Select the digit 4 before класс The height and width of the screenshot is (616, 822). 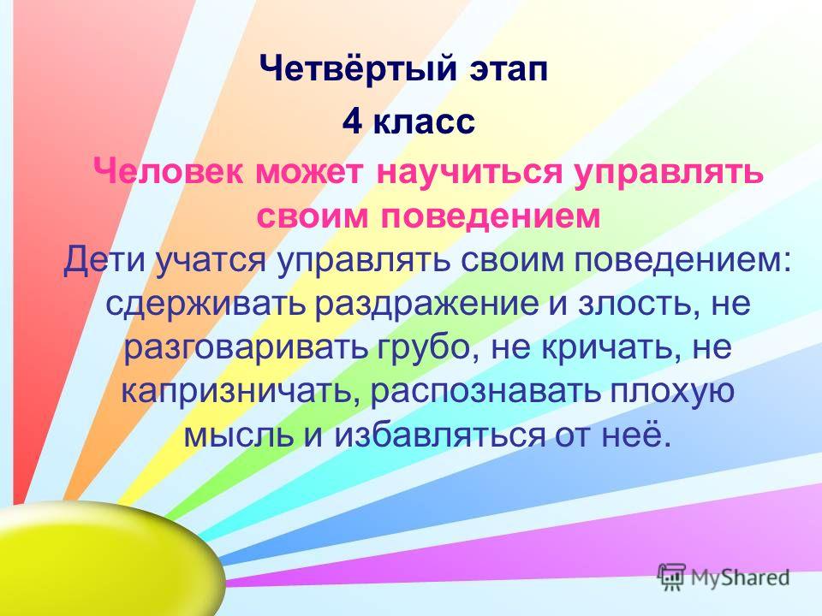pyautogui.click(x=352, y=121)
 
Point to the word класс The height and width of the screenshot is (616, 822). pyautogui.click(x=424, y=123)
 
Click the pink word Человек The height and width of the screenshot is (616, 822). pyautogui.click(x=168, y=171)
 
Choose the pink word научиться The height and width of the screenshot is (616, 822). pyautogui.click(x=468, y=172)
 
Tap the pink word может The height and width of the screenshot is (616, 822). pyautogui.click(x=309, y=173)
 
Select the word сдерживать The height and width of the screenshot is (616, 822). pyautogui.click(x=205, y=305)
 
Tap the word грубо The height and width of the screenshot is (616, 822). pyautogui.click(x=428, y=348)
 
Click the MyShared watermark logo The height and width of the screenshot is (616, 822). pyautogui.click(x=724, y=577)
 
